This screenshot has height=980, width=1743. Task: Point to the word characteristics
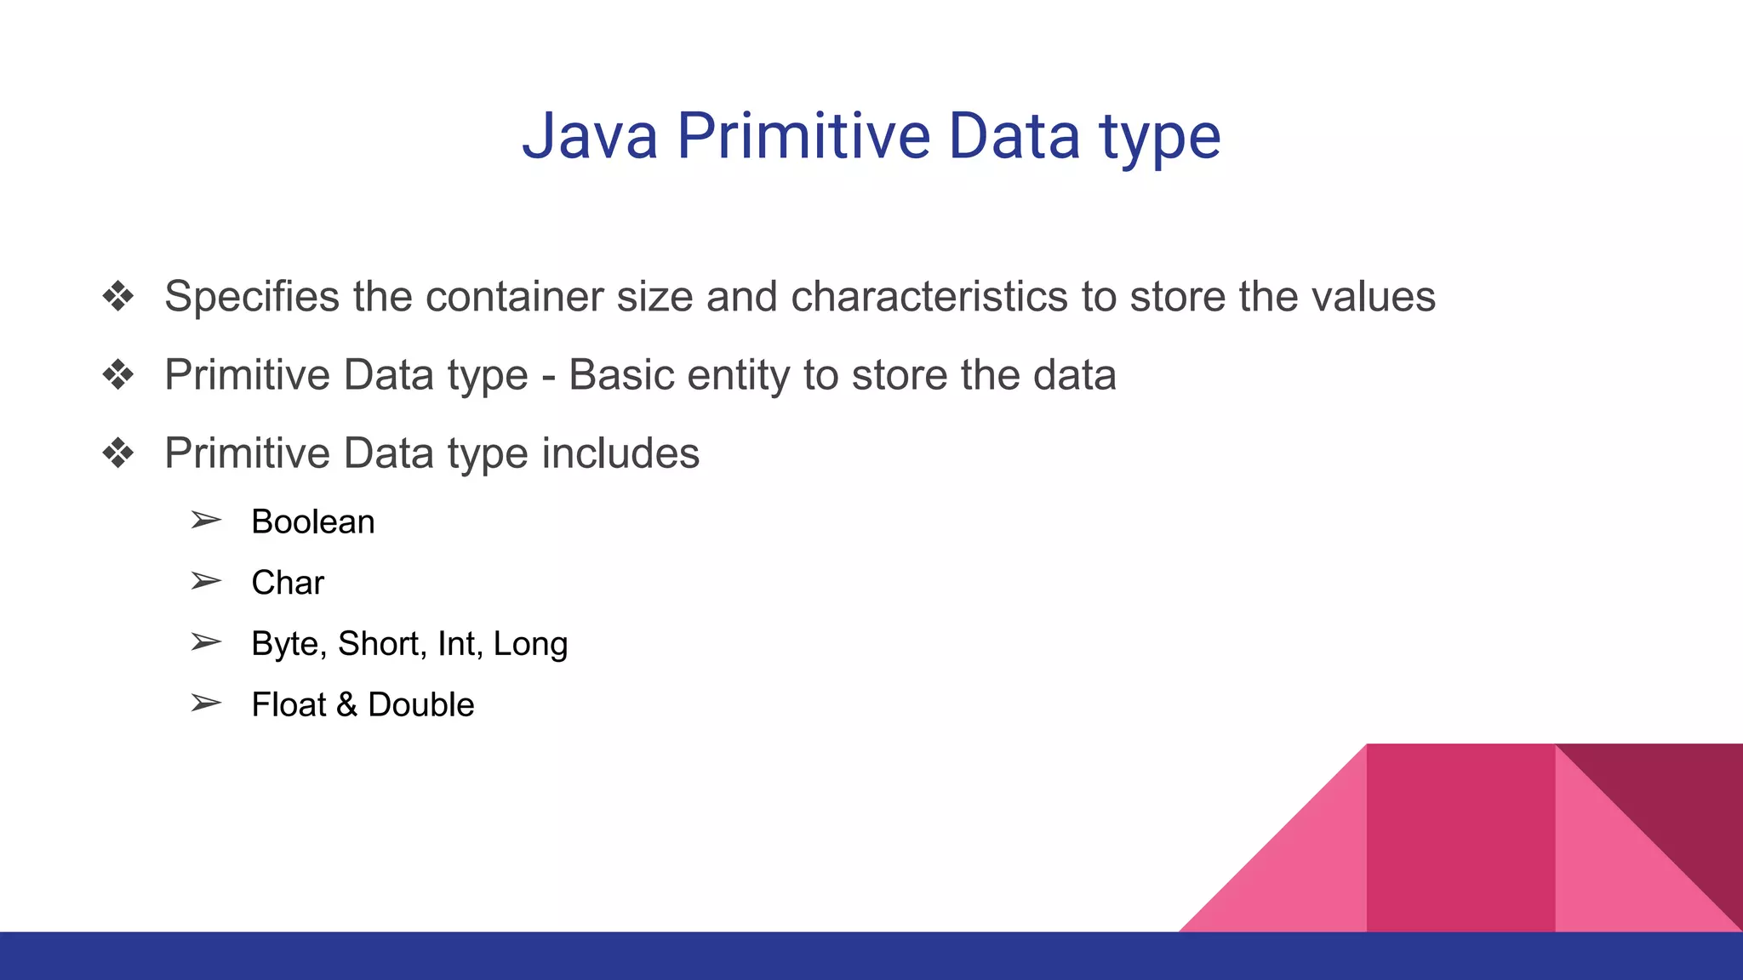[929, 297]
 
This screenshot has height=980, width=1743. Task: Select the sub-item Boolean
[312, 521]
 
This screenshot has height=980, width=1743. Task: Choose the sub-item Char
[288, 583]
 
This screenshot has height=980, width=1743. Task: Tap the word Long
[530, 645]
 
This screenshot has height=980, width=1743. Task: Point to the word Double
[420, 705]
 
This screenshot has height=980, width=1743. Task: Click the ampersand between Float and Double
[346, 705]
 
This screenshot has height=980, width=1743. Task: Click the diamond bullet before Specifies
[118, 297]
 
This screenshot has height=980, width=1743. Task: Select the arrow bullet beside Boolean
[206, 520]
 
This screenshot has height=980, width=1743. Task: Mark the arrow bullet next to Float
[206, 704]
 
